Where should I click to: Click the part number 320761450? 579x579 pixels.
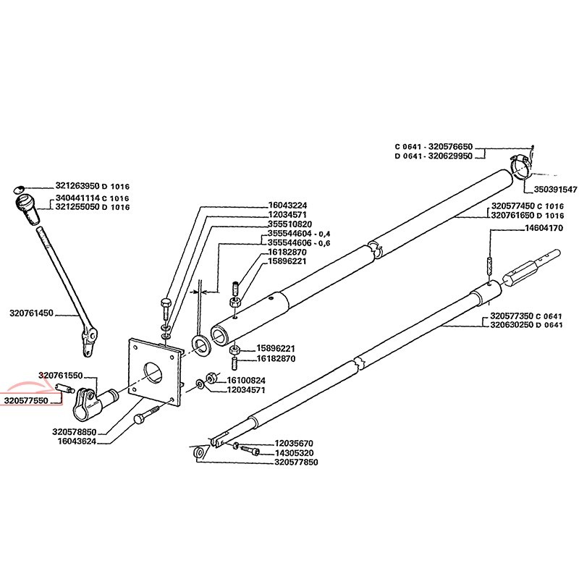(31, 313)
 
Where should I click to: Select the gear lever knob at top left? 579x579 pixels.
(28, 208)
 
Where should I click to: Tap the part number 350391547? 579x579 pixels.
(555, 190)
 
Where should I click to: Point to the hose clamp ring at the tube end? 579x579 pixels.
(521, 167)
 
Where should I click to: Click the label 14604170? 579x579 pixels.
(544, 228)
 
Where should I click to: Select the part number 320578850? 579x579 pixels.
(75, 432)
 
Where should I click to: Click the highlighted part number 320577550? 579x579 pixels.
(26, 401)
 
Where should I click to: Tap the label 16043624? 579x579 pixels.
(77, 441)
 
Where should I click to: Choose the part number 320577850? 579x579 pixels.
(296, 462)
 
